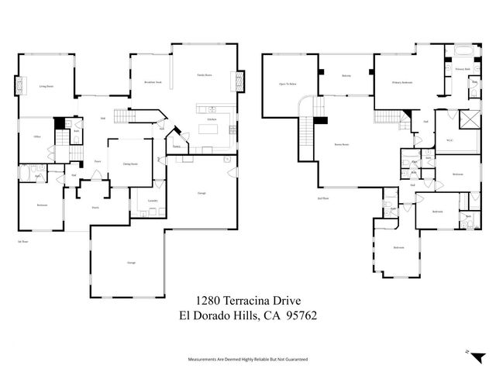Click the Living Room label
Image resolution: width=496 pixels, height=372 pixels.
pyautogui.click(x=46, y=86)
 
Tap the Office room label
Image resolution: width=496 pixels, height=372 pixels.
pyautogui.click(x=36, y=136)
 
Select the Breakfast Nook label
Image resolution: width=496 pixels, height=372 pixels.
pyautogui.click(x=153, y=81)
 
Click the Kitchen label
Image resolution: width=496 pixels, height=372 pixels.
pyautogui.click(x=210, y=120)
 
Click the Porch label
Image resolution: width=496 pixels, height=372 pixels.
pyautogui.click(x=96, y=207)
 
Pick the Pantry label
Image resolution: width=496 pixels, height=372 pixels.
pyautogui.click(x=177, y=144)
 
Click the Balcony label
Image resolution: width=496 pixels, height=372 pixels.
pyautogui.click(x=346, y=75)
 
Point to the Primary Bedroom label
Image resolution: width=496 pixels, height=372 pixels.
pyautogui.click(x=401, y=81)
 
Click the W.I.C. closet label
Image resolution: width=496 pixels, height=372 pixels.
pyautogui.click(x=449, y=140)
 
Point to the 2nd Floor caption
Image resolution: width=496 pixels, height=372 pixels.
pyautogui.click(x=323, y=198)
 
